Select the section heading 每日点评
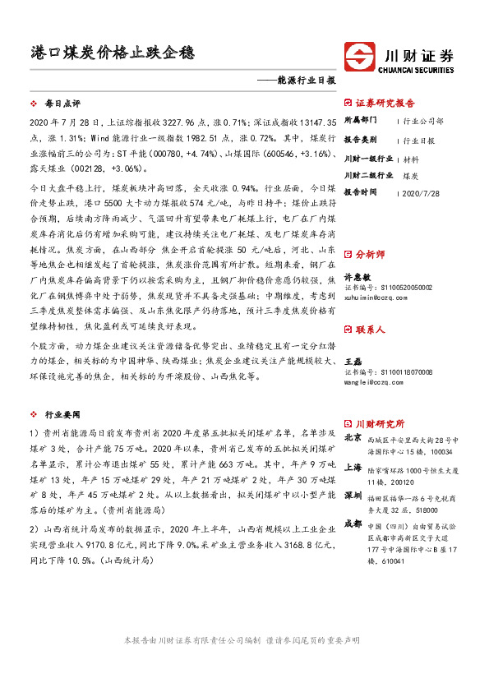click(62, 104)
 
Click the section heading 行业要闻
click(62, 416)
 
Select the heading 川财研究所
click(379, 425)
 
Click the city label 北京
click(353, 438)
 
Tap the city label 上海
click(353, 467)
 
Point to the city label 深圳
click(353, 496)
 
